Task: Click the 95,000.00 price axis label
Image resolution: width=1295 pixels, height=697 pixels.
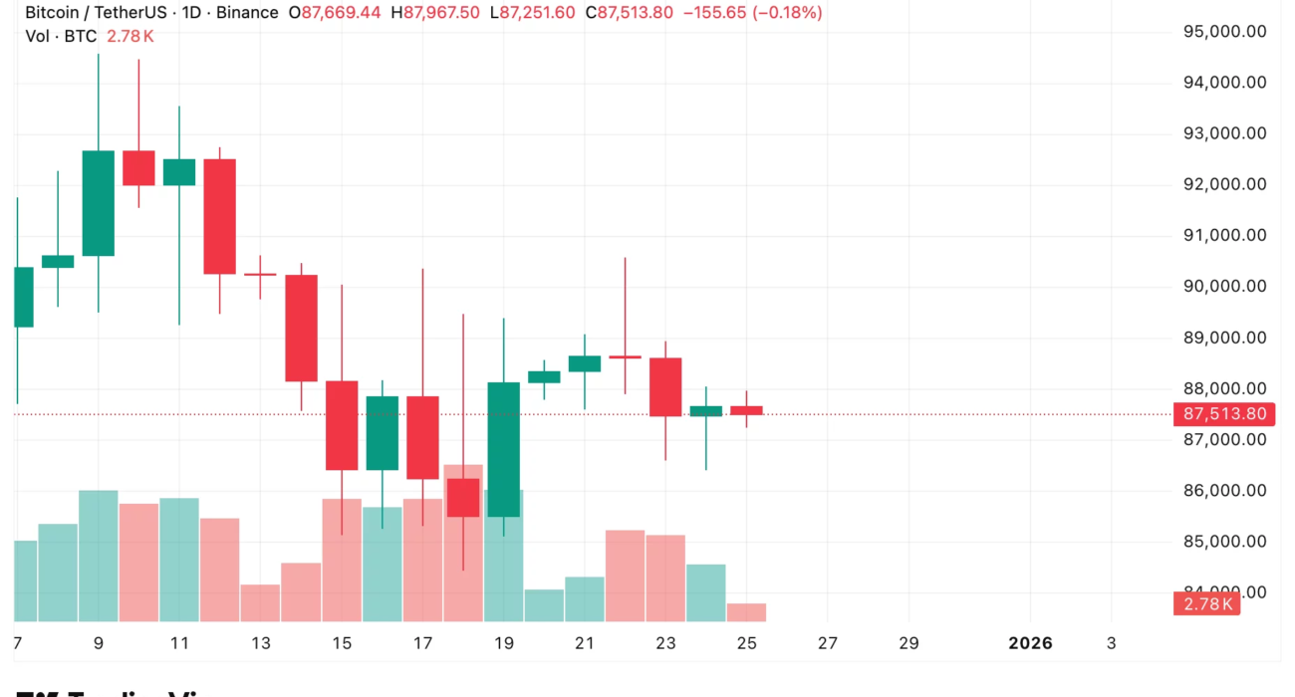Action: click(1224, 31)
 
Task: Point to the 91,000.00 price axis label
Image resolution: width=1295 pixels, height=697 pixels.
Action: click(1224, 235)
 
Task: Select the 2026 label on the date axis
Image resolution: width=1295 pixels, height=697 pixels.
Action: click(1030, 643)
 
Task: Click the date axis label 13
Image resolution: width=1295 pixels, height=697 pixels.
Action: click(261, 643)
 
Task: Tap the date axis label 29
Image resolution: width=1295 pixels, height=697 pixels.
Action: click(908, 643)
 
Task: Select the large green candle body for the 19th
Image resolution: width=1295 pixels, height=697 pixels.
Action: click(504, 449)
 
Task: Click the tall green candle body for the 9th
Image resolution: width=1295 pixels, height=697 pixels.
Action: click(98, 203)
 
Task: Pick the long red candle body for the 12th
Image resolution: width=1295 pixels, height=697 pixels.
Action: click(220, 216)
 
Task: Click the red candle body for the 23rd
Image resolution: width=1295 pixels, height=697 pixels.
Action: click(665, 386)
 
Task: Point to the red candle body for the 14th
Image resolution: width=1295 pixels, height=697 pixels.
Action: click(301, 328)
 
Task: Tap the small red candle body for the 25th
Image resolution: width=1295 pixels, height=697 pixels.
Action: click(746, 410)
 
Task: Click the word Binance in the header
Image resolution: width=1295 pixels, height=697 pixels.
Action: click(247, 13)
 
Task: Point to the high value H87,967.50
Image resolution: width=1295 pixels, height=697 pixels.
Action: click(435, 13)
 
